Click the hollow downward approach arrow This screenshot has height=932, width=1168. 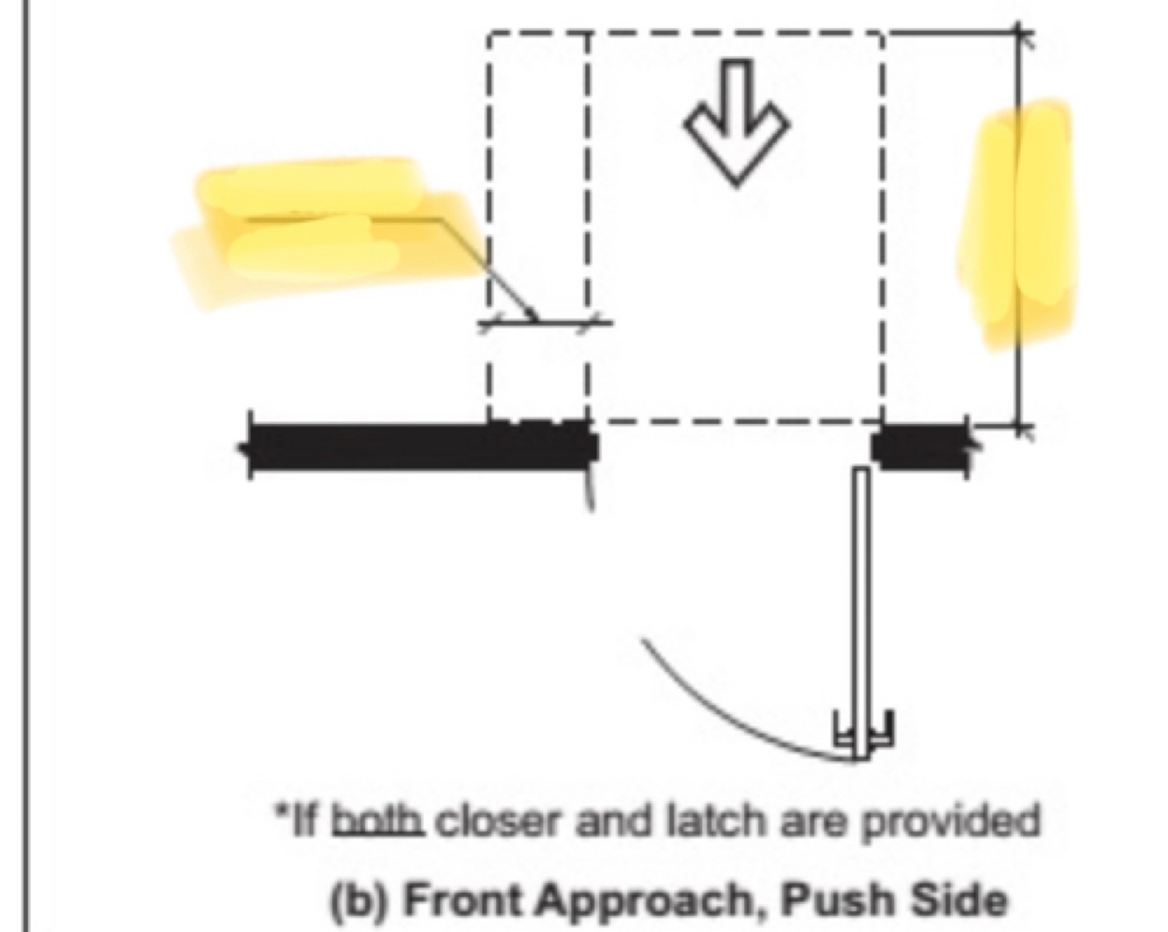point(736,123)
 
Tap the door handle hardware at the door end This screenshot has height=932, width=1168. point(863,731)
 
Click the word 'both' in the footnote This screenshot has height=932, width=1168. point(379,822)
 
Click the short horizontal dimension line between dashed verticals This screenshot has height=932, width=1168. point(543,322)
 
